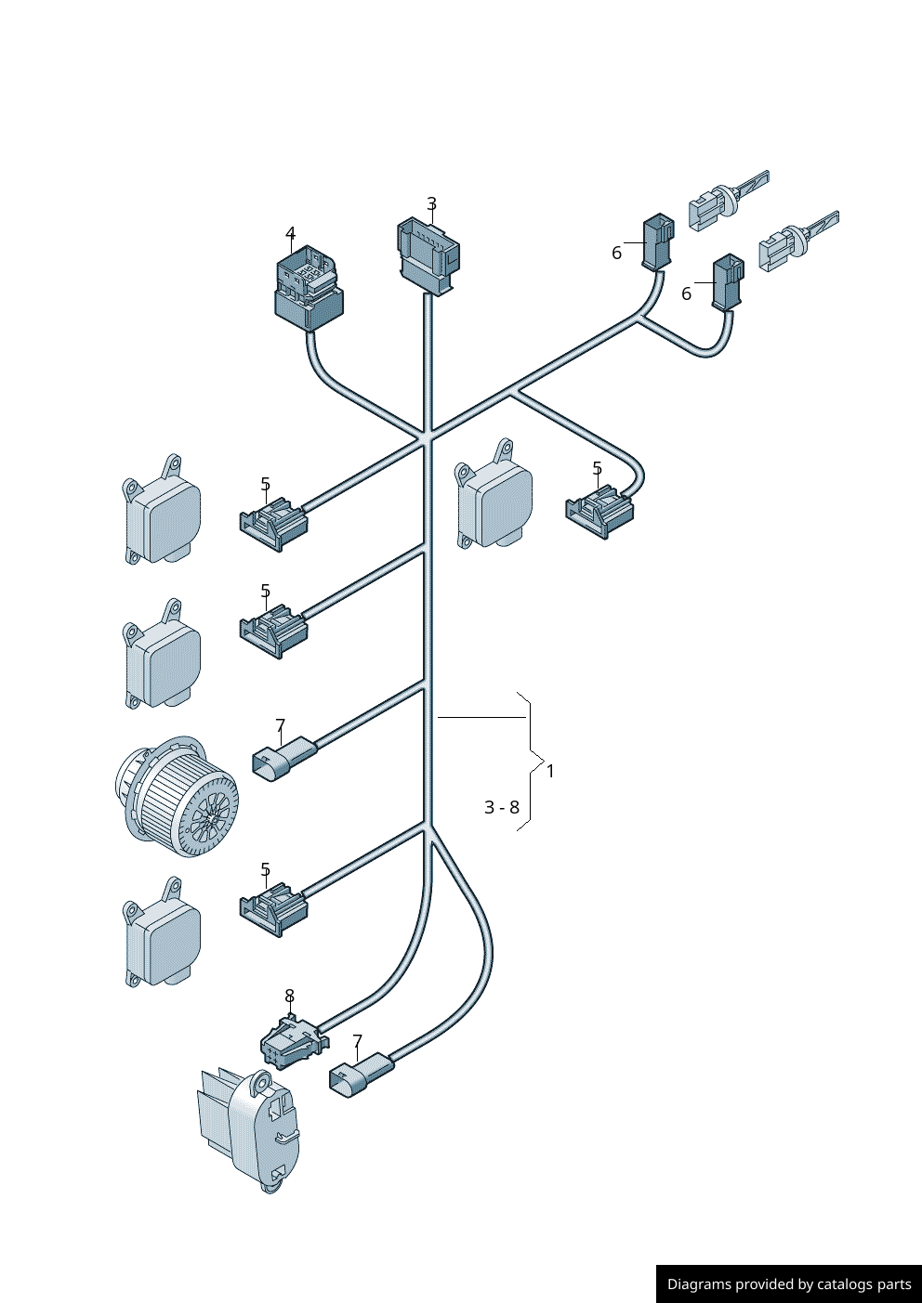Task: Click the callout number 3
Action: point(431,203)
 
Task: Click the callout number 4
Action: point(290,234)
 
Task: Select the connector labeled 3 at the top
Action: point(428,255)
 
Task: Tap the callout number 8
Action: point(289,996)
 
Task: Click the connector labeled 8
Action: point(293,1042)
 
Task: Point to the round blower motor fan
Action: point(177,796)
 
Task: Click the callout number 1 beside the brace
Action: point(550,771)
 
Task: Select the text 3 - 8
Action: point(502,807)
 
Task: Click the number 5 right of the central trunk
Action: point(597,469)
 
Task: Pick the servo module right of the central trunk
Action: point(494,497)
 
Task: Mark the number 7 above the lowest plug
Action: point(357,1041)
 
